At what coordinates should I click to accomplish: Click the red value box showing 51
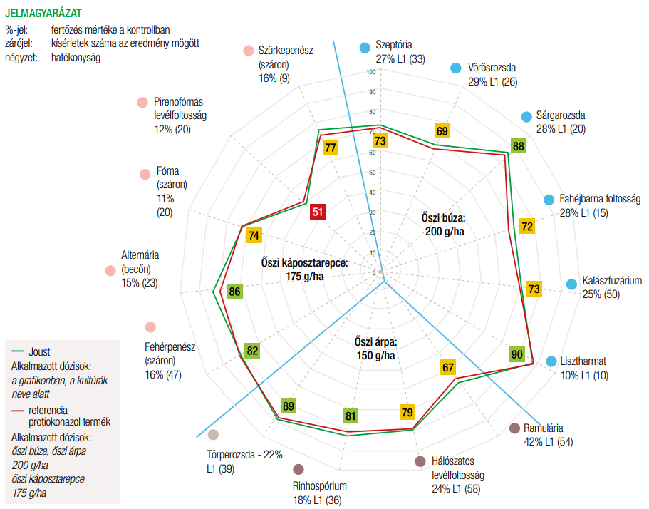(x=318, y=212)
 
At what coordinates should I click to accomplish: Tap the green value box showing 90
(x=517, y=354)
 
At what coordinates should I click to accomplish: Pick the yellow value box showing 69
(x=442, y=131)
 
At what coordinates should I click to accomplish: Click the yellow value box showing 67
(x=447, y=368)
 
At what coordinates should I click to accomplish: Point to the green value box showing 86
(x=234, y=292)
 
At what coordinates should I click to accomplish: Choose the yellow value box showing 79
(x=407, y=412)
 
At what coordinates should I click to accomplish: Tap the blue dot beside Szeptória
(x=365, y=48)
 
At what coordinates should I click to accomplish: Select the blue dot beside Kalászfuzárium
(x=571, y=284)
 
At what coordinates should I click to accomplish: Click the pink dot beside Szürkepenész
(x=248, y=51)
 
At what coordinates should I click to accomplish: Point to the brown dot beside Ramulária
(x=514, y=428)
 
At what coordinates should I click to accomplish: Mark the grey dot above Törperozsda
(x=213, y=435)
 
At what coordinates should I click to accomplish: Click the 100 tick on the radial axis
(x=372, y=72)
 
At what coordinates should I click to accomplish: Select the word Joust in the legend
(x=40, y=352)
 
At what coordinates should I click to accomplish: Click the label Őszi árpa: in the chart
(x=377, y=341)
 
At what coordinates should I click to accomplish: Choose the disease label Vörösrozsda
(x=492, y=68)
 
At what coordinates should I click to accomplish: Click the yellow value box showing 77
(x=331, y=148)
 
